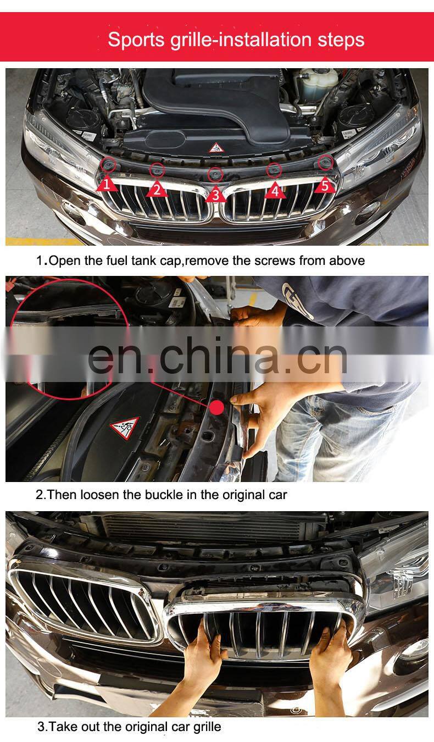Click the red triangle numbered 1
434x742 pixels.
[107, 185]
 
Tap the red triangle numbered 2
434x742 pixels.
[157, 190]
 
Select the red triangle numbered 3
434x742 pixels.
[215, 195]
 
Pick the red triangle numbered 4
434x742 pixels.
[275, 191]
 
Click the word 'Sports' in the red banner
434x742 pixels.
[136, 40]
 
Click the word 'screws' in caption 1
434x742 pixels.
[275, 261]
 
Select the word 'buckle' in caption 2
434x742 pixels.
[175, 495]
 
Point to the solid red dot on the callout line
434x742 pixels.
[217, 407]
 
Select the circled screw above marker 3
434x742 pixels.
[215, 174]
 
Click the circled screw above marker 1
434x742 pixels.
[108, 164]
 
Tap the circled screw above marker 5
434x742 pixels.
[325, 162]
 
